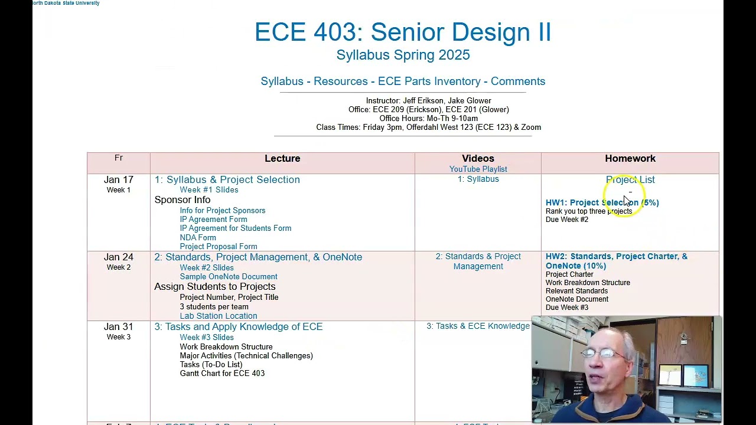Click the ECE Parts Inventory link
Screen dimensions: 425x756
pyautogui.click(x=429, y=81)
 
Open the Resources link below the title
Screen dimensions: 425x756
pyautogui.click(x=340, y=81)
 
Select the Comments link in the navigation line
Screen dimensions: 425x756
pyautogui.click(x=517, y=81)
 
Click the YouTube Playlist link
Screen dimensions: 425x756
pyautogui.click(x=478, y=169)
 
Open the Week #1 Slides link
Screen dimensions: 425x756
pyautogui.click(x=208, y=190)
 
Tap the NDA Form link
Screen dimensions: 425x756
pyautogui.click(x=197, y=237)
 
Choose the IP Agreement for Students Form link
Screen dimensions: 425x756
pyautogui.click(x=235, y=228)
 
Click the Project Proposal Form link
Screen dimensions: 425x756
pyautogui.click(x=218, y=247)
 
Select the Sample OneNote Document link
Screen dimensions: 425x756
pyautogui.click(x=228, y=277)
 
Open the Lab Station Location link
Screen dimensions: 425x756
pyautogui.click(x=218, y=316)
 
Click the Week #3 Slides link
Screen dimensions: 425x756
pyautogui.click(x=206, y=338)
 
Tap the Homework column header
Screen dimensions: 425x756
pyautogui.click(x=630, y=158)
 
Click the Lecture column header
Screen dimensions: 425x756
pyautogui.click(x=282, y=158)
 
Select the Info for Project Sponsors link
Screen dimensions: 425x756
pyautogui.click(x=222, y=211)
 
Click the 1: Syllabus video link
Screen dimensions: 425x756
pyautogui.click(x=478, y=179)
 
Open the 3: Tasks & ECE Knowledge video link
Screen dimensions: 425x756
pyautogui.click(x=478, y=326)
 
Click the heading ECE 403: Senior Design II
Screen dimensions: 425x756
pyautogui.click(x=402, y=32)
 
